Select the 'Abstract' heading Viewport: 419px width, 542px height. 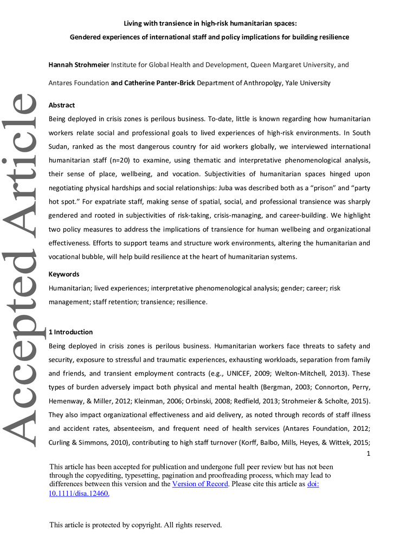point(62,105)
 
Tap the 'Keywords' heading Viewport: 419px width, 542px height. point(64,274)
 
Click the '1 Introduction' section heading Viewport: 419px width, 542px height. point(70,332)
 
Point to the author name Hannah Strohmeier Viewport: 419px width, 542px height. point(79,64)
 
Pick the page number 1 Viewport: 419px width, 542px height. point(368,454)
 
